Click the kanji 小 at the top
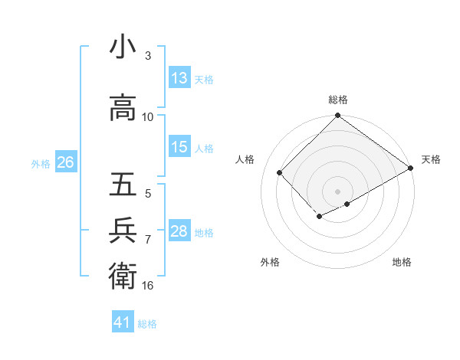(x=123, y=47)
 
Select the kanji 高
(x=123, y=108)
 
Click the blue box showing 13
(x=179, y=78)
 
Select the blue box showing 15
(x=179, y=147)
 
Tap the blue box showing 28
(x=179, y=231)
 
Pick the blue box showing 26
(x=65, y=162)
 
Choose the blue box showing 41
(x=123, y=322)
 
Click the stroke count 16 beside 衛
(x=148, y=286)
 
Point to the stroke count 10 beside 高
(x=148, y=116)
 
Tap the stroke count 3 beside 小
(x=147, y=56)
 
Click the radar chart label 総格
(x=337, y=100)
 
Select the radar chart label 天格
(x=431, y=159)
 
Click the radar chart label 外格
(x=270, y=262)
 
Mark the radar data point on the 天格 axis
(x=412, y=169)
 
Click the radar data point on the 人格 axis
(x=280, y=173)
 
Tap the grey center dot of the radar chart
(x=337, y=191)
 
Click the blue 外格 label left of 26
(x=40, y=163)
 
